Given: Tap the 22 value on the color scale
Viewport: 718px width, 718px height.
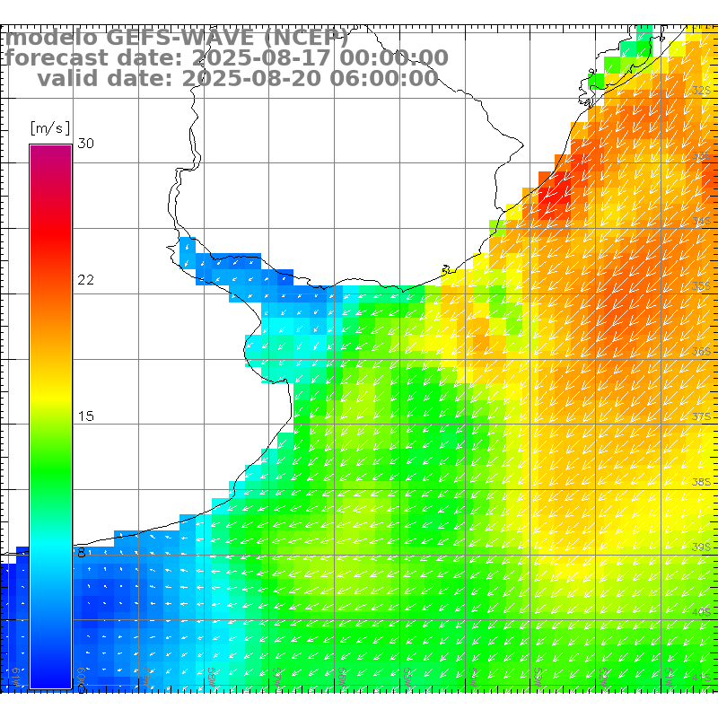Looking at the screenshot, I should coord(86,280).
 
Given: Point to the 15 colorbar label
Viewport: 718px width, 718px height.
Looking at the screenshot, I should coord(86,416).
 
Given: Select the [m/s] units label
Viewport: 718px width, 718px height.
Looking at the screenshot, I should coord(49,127).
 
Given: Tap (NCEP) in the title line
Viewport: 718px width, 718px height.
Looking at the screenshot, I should coord(305,39).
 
